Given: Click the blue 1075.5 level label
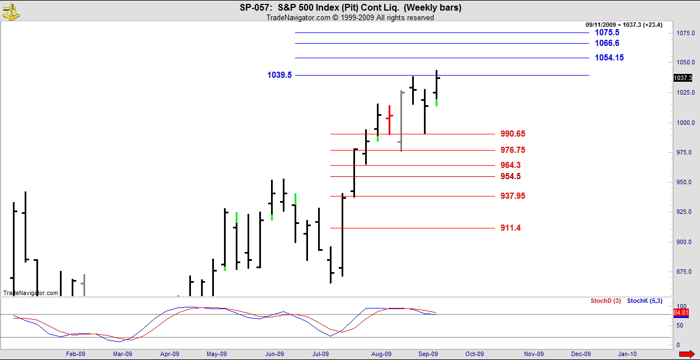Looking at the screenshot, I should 606,33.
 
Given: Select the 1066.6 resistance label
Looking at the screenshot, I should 606,43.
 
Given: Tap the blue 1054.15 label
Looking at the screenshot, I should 609,58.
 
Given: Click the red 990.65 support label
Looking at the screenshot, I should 512,134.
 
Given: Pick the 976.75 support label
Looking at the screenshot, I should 512,150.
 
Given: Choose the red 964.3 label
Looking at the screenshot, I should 510,165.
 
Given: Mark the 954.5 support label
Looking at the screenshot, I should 510,176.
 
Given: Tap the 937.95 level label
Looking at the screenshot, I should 512,196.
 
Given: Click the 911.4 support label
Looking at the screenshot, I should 510,228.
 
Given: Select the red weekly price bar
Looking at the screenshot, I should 389,119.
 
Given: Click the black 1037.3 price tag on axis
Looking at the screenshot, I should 684,78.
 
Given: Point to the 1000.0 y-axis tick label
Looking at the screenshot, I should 685,123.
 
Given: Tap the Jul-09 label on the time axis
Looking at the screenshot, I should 320,354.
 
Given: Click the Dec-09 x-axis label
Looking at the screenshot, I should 581,354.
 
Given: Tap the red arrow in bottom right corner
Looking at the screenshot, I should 687,354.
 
